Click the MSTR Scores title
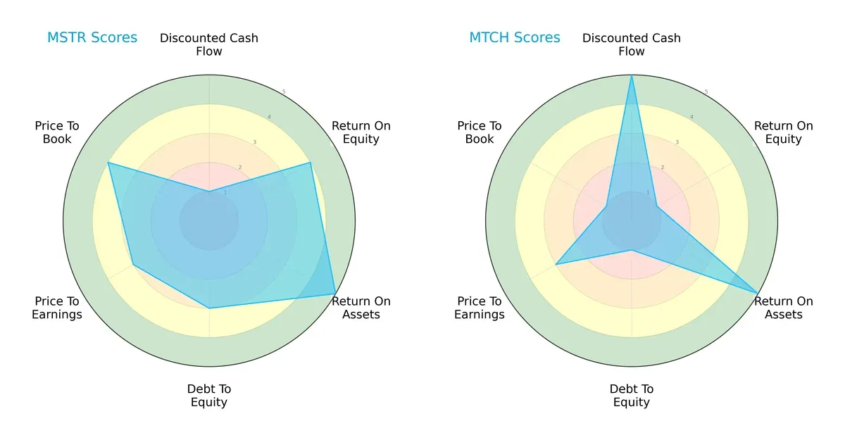coord(92,37)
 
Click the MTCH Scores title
coord(515,37)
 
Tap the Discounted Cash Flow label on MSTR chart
coord(209,44)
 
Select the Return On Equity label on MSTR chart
coord(361,132)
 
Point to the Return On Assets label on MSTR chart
coord(361,308)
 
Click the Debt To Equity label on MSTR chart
coord(209,396)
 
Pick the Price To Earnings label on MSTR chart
coord(57,308)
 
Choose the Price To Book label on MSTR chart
coord(57,132)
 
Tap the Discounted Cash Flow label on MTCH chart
coord(632,44)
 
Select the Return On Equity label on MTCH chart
coord(784,132)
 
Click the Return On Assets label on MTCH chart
coord(784,308)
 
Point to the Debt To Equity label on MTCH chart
coord(632,396)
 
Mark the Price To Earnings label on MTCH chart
coord(480,308)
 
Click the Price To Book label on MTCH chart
coord(480,132)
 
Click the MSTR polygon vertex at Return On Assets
coord(335,294)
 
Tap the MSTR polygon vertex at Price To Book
coord(108,163)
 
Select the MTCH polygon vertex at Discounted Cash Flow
coord(632,75)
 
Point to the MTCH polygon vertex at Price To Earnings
coord(556,265)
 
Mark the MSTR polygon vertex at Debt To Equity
coord(209,308)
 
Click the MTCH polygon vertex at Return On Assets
coord(758,294)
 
